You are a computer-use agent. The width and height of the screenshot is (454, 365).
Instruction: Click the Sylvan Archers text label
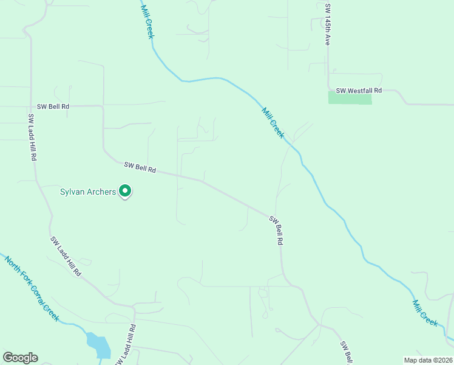(x=87, y=192)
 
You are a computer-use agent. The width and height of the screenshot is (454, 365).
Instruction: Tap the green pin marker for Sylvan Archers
(x=126, y=191)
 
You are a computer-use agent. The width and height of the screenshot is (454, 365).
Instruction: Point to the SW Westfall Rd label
(x=359, y=91)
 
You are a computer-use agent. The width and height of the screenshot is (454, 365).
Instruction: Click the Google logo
(x=20, y=358)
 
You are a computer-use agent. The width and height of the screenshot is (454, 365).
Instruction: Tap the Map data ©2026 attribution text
(x=427, y=360)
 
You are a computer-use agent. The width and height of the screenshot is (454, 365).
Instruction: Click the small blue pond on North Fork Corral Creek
(x=99, y=345)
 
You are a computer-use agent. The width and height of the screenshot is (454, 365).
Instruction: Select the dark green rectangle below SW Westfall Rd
(x=350, y=98)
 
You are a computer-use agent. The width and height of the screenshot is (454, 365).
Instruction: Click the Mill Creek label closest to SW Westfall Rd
(x=273, y=122)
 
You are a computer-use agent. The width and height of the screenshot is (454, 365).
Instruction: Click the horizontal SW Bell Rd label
(x=53, y=106)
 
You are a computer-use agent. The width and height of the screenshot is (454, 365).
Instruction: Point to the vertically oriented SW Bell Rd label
(x=276, y=231)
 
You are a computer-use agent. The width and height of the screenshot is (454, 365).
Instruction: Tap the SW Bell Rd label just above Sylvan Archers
(x=140, y=167)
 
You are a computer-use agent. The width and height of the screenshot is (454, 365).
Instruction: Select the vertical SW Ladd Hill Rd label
(x=32, y=137)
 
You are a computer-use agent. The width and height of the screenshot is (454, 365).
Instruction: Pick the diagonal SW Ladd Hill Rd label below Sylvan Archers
(x=66, y=256)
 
